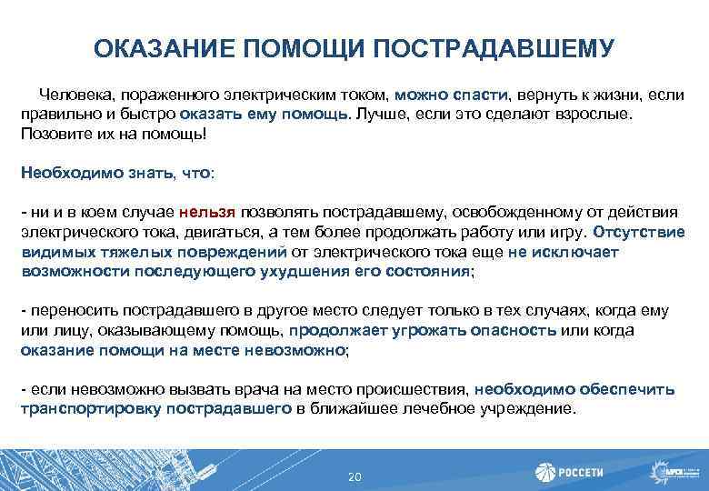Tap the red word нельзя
tap(208, 212)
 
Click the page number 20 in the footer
tap(354, 478)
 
